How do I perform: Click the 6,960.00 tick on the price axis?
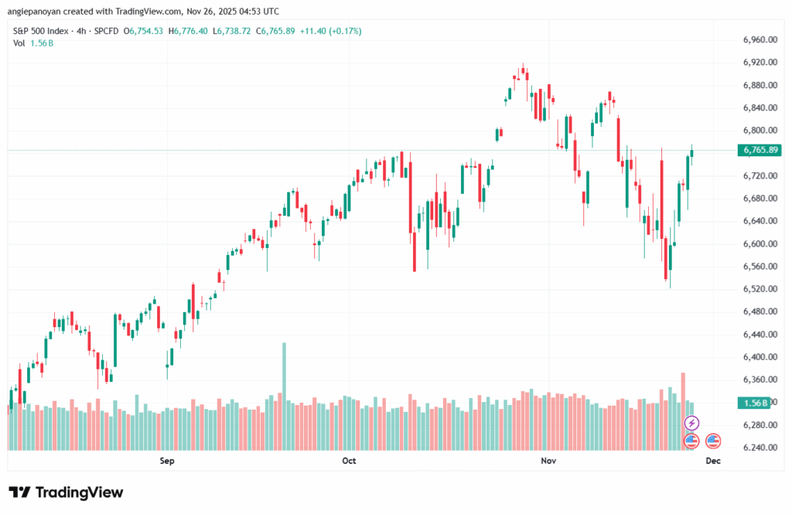click(759, 39)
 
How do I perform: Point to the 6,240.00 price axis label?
click(759, 448)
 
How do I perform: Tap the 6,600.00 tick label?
click(759, 243)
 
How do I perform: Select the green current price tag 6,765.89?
click(759, 150)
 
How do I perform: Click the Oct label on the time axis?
click(349, 461)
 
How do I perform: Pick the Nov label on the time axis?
click(548, 461)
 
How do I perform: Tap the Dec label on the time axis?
click(713, 461)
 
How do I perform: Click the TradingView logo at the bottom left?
click(66, 492)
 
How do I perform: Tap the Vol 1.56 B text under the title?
click(30, 43)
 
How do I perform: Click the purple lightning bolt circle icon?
click(692, 423)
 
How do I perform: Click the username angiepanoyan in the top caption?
click(36, 11)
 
